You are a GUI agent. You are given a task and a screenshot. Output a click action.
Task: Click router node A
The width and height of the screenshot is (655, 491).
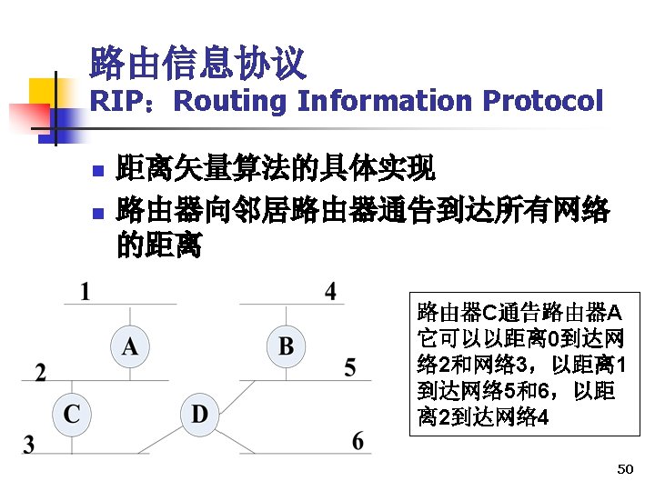click(131, 346)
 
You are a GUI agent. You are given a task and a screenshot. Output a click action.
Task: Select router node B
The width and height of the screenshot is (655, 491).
click(287, 346)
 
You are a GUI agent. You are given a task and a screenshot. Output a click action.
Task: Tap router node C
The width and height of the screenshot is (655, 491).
click(72, 415)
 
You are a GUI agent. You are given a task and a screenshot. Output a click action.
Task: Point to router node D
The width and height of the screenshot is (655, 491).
click(199, 415)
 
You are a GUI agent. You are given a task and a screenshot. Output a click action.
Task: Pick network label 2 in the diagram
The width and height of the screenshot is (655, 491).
click(40, 372)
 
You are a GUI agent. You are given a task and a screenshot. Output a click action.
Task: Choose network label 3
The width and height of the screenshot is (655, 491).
click(29, 445)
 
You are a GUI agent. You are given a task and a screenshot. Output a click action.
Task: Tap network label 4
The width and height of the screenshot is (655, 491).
click(330, 291)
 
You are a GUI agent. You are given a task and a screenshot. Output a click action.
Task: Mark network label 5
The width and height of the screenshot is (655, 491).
click(350, 368)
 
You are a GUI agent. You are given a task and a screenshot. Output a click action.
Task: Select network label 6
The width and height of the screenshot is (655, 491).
click(358, 442)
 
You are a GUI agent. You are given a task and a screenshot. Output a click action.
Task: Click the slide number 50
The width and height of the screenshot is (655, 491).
click(624, 469)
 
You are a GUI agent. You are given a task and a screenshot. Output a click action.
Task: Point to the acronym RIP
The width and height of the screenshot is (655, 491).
click(113, 101)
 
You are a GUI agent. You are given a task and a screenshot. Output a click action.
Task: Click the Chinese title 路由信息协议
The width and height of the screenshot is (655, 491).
click(197, 63)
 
